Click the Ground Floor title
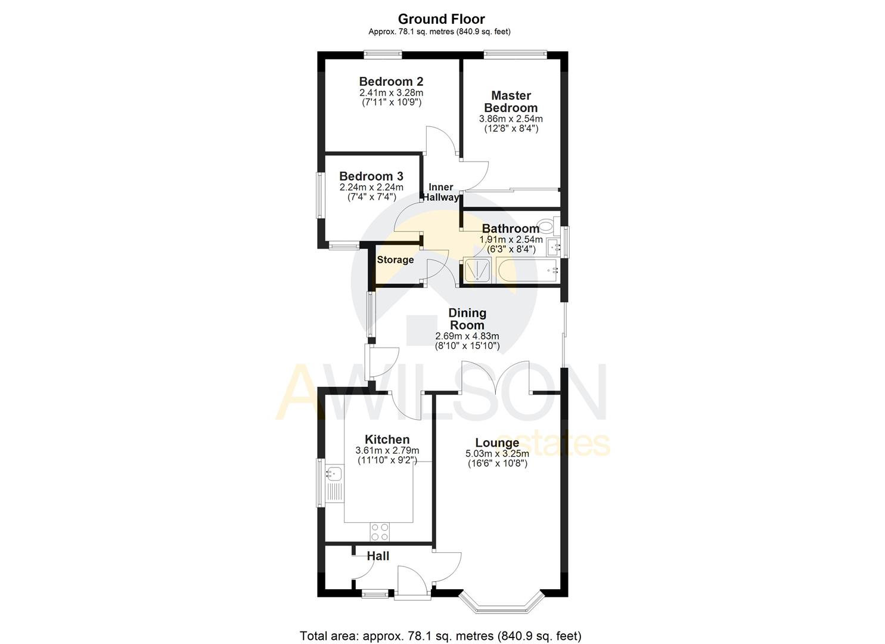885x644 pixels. [x=441, y=19]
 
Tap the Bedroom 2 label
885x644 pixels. [x=391, y=82]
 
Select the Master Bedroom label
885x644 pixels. [x=511, y=101]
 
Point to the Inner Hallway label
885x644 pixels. [x=441, y=192]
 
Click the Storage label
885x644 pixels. [x=395, y=260]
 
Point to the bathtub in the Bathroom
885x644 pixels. [x=527, y=272]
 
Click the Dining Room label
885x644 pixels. [x=467, y=319]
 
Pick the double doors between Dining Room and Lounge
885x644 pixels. [x=496, y=377]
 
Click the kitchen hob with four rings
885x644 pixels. [x=380, y=530]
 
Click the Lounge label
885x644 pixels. [x=497, y=443]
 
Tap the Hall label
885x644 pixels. [x=378, y=556]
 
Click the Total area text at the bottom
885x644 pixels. [x=440, y=636]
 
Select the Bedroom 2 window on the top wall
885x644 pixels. [x=383, y=54]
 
